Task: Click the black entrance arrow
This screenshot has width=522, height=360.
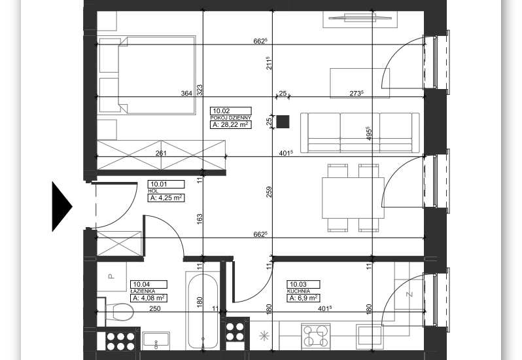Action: pyautogui.click(x=61, y=206)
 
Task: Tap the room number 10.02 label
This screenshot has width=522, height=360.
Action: pyautogui.click(x=221, y=111)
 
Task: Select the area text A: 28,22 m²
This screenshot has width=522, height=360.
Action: pyautogui.click(x=230, y=124)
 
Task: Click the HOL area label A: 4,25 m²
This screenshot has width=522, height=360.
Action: pyautogui.click(x=165, y=198)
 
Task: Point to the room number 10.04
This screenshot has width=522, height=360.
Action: pyautogui.click(x=141, y=285)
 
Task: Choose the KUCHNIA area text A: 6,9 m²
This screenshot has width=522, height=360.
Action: pyautogui.click(x=304, y=298)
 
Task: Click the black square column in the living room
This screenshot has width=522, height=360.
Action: pyautogui.click(x=283, y=122)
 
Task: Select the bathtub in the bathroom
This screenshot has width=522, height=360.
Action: pyautogui.click(x=203, y=311)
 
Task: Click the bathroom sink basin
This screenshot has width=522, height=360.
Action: pyautogui.click(x=156, y=340)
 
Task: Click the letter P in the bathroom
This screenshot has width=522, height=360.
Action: pyautogui.click(x=111, y=276)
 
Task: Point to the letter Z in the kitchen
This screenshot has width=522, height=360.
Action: pyautogui.click(x=409, y=294)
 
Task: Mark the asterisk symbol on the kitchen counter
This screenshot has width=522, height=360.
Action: pyautogui.click(x=264, y=336)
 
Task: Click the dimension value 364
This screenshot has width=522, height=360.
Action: pyautogui.click(x=186, y=93)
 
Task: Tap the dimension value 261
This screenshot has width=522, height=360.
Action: pyautogui.click(x=161, y=153)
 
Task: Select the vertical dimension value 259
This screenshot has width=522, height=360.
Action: pyautogui.click(x=269, y=192)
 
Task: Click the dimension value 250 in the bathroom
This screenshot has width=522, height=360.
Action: pyautogui.click(x=155, y=308)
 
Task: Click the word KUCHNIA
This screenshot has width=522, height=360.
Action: pyautogui.click(x=299, y=291)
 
